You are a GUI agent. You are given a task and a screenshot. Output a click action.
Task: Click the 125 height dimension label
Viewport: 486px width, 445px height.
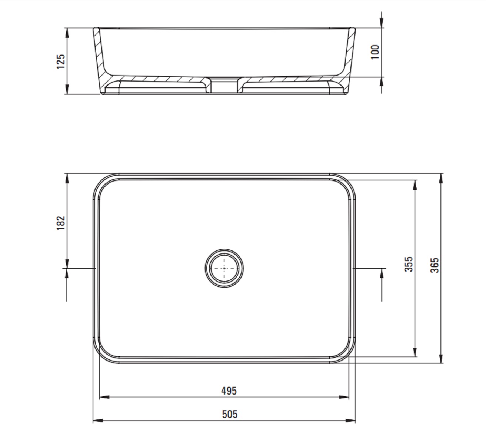click(61, 61)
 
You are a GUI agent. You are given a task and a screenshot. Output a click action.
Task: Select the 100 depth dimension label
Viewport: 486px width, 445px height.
click(375, 52)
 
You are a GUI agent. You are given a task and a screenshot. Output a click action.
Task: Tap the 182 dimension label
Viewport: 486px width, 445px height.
click(61, 223)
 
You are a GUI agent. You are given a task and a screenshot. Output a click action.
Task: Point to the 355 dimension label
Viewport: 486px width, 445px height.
click(409, 264)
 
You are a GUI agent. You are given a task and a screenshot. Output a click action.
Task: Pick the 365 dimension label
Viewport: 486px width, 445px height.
click(435, 265)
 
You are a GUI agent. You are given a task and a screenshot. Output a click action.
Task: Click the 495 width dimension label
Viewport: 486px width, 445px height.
click(229, 391)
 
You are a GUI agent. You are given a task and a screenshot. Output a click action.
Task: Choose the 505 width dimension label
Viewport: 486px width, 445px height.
click(230, 414)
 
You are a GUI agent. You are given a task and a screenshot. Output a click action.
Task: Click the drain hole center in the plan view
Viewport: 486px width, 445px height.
click(224, 268)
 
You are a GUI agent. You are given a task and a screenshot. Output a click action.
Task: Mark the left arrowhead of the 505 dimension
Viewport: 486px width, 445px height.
click(98, 420)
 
